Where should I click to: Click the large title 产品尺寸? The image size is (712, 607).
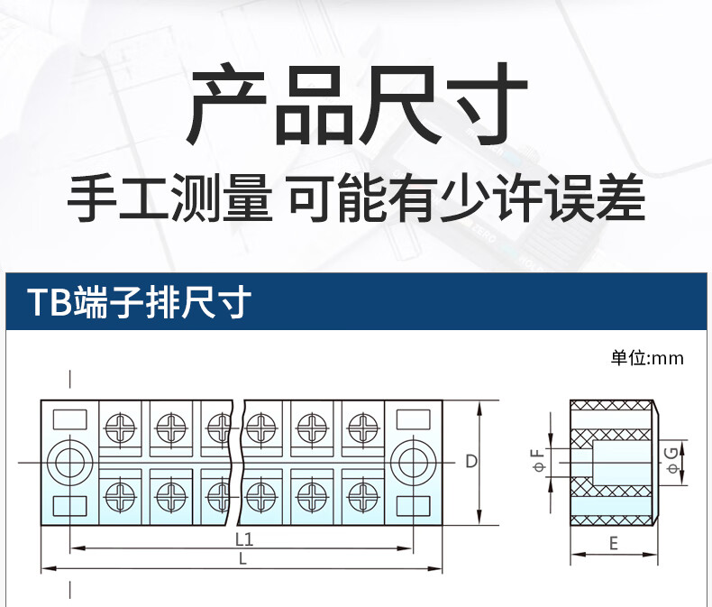[356, 106]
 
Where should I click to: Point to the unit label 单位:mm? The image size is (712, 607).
[647, 358]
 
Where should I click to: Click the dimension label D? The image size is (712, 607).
[470, 463]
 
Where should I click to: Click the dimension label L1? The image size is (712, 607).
[242, 539]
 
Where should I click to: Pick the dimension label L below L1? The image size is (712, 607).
[242, 560]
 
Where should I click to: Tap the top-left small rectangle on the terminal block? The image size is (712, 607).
[68, 419]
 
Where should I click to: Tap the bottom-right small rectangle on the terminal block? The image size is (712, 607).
[412, 505]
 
